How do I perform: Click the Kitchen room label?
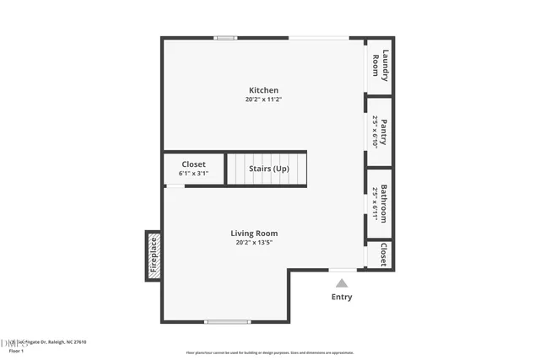coord(263,90)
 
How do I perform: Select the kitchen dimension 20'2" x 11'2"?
coord(263,99)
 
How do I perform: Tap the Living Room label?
coord(254,234)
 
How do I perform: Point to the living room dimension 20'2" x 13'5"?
coord(254,243)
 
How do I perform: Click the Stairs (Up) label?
coord(269,169)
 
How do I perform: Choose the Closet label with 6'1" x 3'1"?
coord(193,164)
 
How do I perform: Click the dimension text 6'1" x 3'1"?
coord(193,174)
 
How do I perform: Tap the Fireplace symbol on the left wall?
coord(154,256)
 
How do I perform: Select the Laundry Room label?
coord(381,67)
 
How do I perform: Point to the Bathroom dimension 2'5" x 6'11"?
coord(375,202)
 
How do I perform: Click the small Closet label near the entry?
coord(384,255)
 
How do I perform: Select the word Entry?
coord(342,297)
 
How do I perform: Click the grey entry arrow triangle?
coord(342,283)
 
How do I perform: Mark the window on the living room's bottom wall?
coord(228,321)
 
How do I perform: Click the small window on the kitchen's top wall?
coord(225,38)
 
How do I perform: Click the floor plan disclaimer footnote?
coord(270,352)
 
